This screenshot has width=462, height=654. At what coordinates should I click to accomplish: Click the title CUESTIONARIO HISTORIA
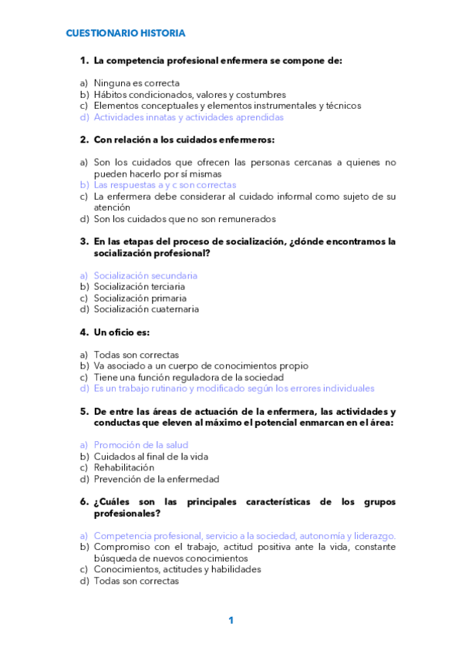[x=125, y=33]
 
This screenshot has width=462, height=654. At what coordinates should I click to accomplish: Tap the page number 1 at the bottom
[x=231, y=620]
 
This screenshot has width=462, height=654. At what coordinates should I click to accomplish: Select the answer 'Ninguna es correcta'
[x=137, y=83]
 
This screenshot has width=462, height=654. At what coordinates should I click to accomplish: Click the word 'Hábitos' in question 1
[x=112, y=95]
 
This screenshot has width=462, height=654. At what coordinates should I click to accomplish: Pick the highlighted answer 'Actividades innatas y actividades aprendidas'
[x=188, y=117]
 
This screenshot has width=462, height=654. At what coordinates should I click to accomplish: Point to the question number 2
[x=83, y=140]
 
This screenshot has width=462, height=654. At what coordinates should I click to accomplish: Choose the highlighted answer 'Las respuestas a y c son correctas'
[x=164, y=185]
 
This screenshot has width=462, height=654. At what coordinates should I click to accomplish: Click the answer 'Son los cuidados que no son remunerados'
[x=184, y=219]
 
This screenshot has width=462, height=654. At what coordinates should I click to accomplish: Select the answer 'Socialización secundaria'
[x=145, y=275]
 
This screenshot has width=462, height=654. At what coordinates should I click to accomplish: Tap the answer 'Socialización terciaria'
[x=139, y=287]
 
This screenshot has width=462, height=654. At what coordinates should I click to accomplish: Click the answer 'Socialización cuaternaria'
[x=146, y=309]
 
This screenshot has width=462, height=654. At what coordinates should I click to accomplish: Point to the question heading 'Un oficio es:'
[x=121, y=332]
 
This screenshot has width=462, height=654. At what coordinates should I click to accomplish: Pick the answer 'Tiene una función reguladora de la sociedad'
[x=188, y=378]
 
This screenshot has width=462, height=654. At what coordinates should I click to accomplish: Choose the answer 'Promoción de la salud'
[x=140, y=445]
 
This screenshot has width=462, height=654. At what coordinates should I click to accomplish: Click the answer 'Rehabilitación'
[x=123, y=467]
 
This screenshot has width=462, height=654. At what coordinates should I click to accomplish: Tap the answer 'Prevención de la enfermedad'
[x=156, y=479]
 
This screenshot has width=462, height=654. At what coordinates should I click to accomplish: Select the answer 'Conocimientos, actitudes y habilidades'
[x=177, y=569]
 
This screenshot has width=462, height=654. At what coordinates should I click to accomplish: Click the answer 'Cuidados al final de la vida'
[x=150, y=457]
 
